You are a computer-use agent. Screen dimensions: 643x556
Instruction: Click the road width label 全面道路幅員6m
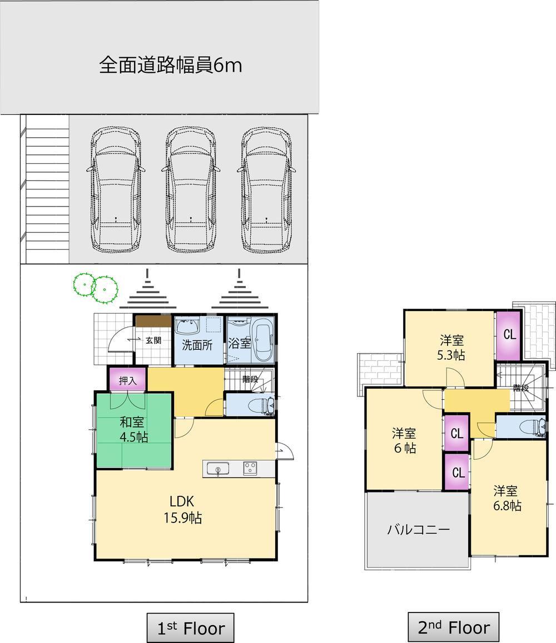click(x=170, y=66)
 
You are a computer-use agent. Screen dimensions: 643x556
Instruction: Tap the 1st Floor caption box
click(x=190, y=628)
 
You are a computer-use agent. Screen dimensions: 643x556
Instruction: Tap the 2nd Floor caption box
click(x=454, y=628)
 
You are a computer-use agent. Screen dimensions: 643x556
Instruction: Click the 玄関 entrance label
click(x=153, y=340)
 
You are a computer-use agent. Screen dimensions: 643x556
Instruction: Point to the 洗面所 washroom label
click(x=197, y=345)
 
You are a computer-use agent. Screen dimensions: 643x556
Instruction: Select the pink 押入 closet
click(x=127, y=380)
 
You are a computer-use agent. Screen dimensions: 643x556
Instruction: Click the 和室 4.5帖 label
click(x=133, y=429)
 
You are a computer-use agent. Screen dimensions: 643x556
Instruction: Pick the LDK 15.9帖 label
click(x=182, y=509)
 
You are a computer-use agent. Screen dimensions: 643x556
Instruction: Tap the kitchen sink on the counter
click(x=218, y=469)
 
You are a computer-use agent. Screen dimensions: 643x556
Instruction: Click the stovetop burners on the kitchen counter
click(x=250, y=469)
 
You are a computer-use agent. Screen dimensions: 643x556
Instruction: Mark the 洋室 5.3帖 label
click(x=451, y=348)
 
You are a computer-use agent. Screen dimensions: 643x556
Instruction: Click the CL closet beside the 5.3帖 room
click(x=509, y=335)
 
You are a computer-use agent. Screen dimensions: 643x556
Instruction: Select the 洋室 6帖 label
click(x=404, y=440)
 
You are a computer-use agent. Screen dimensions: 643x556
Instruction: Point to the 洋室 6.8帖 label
click(x=506, y=498)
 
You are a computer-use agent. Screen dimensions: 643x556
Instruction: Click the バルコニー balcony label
click(x=418, y=529)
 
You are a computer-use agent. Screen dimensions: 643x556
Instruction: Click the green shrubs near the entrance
click(x=95, y=287)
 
